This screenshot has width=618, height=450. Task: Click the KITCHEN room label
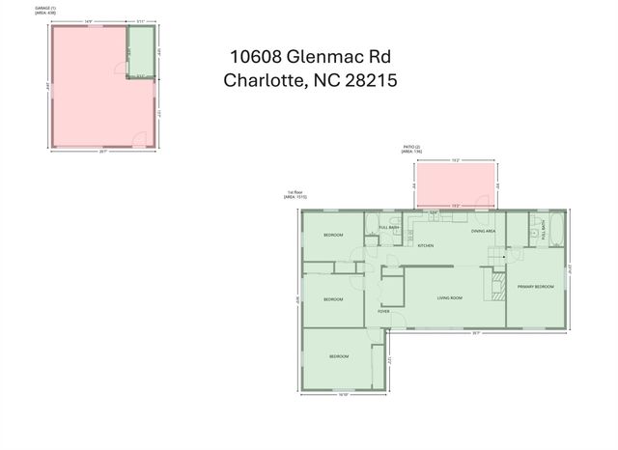426,245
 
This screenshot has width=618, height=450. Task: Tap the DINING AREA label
484,232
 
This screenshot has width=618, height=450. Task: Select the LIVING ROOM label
450,298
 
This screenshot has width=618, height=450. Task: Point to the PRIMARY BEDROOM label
535,287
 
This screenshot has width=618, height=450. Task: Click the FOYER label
383,312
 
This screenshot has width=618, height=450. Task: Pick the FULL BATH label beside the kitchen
389,228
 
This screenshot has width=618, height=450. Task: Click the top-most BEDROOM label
333,236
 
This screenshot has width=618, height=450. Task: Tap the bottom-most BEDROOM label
338,357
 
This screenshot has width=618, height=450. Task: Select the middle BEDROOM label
333,299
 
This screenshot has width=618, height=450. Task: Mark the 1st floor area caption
295,195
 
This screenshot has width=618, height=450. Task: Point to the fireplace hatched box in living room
499,284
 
